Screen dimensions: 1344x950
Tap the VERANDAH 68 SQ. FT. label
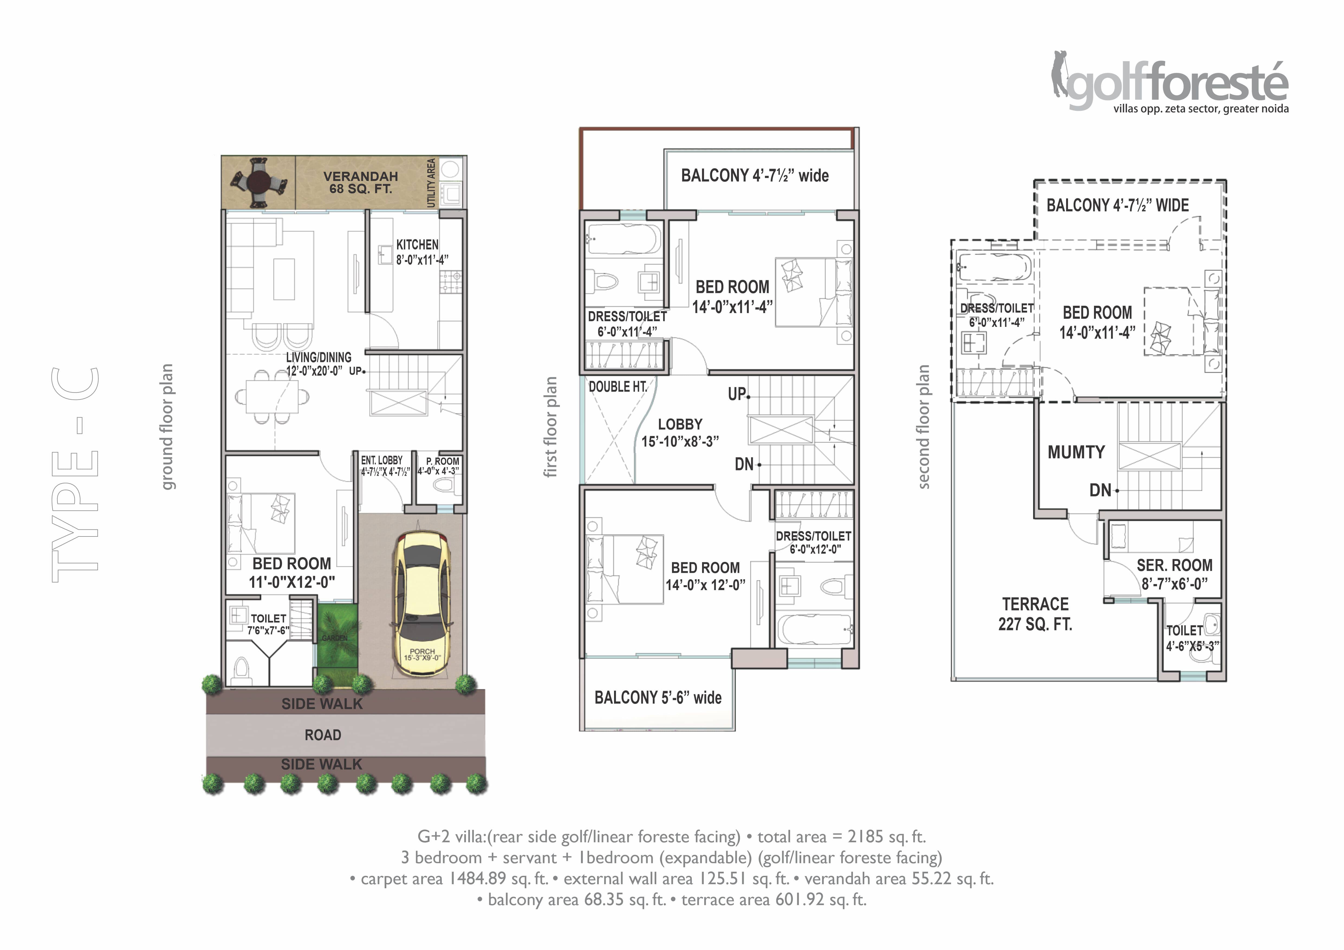(361, 182)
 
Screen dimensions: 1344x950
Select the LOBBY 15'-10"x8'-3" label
(680, 432)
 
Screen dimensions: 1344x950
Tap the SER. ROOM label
(1174, 565)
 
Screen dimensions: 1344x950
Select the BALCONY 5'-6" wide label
(658, 698)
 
